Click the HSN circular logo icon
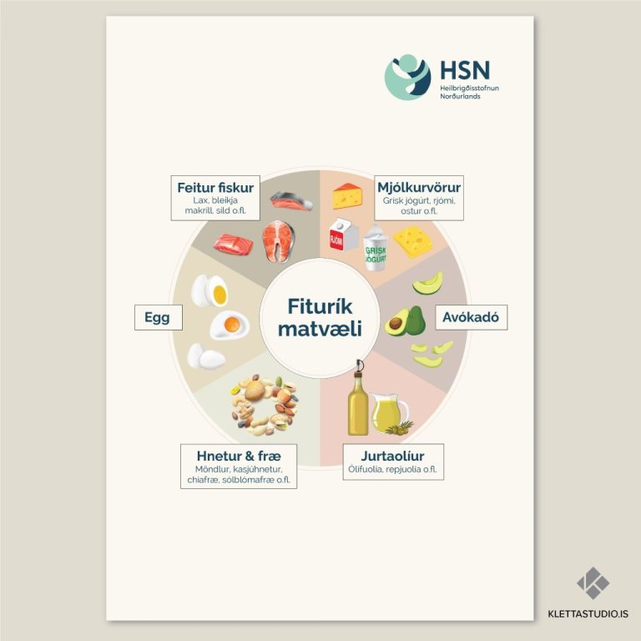click(x=407, y=78)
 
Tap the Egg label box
click(x=158, y=318)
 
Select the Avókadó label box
click(x=471, y=318)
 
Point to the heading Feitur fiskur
click(x=215, y=187)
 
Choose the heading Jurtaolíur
click(x=392, y=457)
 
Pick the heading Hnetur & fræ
click(x=240, y=457)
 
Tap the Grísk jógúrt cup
click(x=375, y=249)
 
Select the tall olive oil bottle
click(x=358, y=401)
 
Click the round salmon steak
click(x=279, y=241)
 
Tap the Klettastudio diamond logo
click(x=593, y=583)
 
